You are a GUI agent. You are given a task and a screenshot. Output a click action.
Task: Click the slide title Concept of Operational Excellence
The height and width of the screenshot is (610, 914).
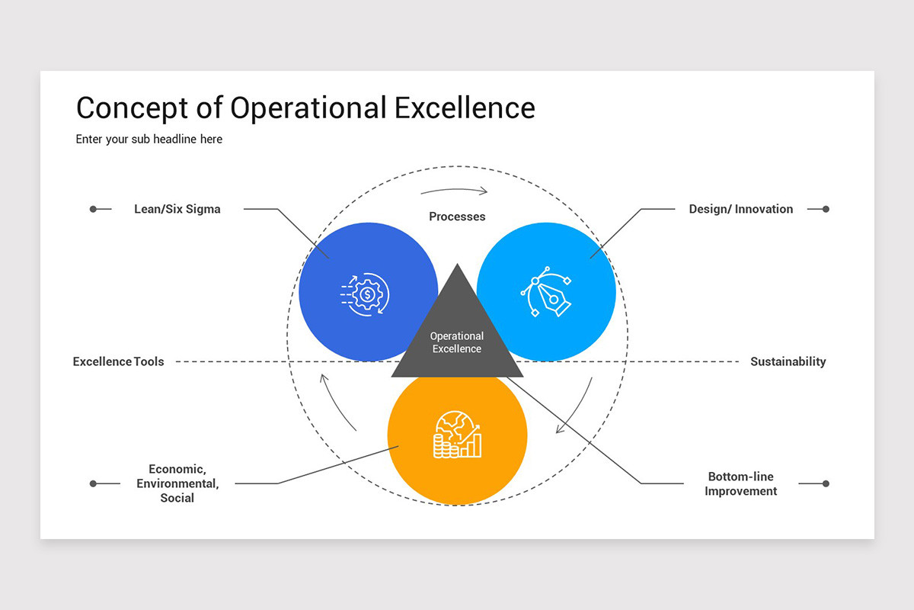(305, 108)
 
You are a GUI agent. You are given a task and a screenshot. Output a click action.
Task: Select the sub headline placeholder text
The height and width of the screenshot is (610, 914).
(149, 140)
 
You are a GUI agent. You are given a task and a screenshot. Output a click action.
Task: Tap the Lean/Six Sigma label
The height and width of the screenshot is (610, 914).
(177, 209)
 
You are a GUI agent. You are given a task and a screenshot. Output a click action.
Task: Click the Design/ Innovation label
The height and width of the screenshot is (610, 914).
(740, 209)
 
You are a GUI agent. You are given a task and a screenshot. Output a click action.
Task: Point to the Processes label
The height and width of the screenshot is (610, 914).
(457, 217)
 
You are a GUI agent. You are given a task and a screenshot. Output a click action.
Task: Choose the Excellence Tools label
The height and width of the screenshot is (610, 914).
(118, 361)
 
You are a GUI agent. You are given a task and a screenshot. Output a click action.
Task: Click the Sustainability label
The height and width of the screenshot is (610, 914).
(788, 361)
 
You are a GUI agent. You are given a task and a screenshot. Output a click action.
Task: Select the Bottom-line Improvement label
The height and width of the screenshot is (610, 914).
(740, 484)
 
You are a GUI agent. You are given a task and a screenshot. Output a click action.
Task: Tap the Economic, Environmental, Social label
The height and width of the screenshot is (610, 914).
(177, 483)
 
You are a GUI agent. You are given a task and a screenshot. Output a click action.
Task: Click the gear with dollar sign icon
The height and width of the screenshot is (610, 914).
(366, 293)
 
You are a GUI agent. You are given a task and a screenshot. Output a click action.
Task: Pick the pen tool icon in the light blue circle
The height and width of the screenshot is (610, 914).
(546, 291)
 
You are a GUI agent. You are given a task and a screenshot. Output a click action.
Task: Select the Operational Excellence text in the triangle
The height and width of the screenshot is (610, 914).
(457, 342)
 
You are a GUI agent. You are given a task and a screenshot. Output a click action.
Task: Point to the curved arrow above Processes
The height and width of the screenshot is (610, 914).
(454, 190)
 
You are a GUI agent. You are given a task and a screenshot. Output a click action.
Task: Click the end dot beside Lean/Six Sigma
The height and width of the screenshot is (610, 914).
(93, 209)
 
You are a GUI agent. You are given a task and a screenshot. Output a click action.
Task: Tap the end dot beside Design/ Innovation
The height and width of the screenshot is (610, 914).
(826, 209)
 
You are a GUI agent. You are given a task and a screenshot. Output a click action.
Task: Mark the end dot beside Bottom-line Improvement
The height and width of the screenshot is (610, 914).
(826, 483)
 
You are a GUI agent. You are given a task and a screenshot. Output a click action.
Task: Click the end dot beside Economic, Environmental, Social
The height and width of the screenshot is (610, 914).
(93, 483)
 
